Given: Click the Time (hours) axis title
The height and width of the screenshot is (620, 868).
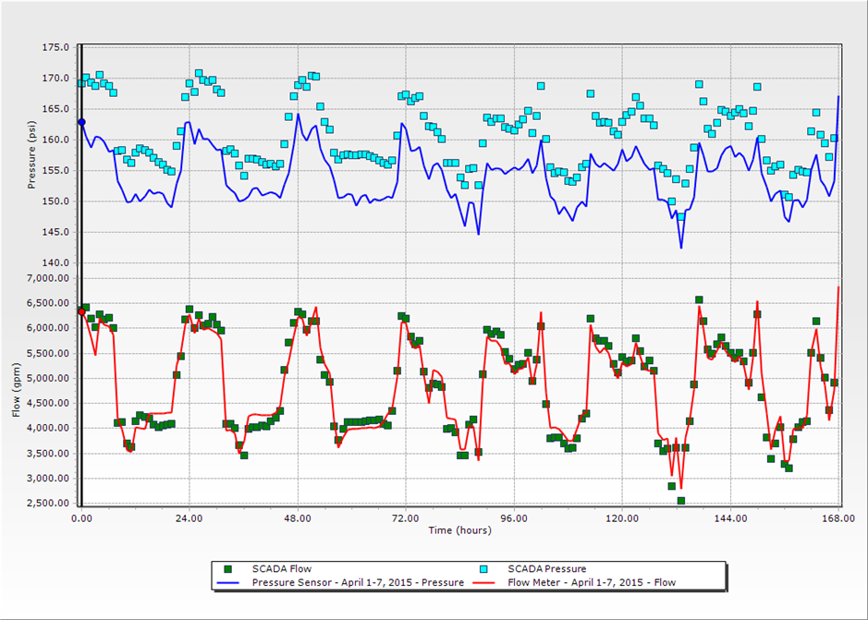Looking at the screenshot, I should (x=459, y=530).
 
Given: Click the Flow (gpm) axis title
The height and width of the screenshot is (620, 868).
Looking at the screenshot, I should (x=16, y=387).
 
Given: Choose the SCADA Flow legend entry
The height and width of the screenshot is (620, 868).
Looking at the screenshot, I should (x=263, y=568).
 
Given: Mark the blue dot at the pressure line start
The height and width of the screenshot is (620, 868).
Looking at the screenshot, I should (x=81, y=122).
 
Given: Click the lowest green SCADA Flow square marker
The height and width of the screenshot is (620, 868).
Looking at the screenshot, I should (x=680, y=501).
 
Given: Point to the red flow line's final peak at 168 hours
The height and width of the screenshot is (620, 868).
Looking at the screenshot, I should (x=838, y=287).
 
